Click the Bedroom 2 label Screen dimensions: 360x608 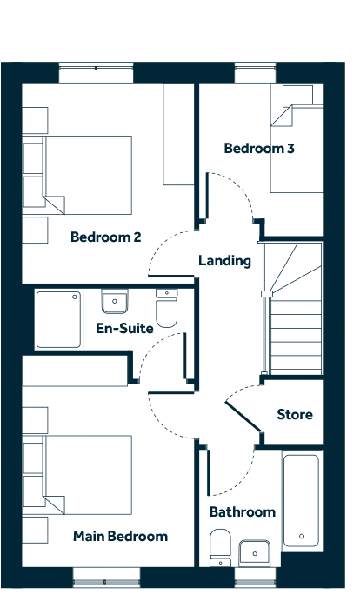pos(106,237)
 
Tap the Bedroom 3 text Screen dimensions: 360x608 pos(259,148)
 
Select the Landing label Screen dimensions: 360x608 pos(224,261)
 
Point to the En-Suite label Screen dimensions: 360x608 pos(124,329)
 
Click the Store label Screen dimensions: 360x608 pos(295,415)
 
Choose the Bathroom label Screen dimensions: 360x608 pos(243,511)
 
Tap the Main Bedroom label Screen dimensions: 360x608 pos(121,537)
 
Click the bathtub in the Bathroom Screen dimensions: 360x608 pos(302,501)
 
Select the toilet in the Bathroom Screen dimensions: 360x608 pos(220,547)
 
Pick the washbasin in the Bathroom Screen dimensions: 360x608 pos(255,553)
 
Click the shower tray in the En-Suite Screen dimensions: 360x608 pos(58,319)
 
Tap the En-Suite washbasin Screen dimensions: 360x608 pos(114,301)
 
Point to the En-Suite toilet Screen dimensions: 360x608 pos(167,308)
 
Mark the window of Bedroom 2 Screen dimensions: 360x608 pos(97,72)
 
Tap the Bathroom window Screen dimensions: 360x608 pos(256,578)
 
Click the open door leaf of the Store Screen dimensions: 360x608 pos(243,417)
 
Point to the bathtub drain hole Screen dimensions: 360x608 pos(302,537)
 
